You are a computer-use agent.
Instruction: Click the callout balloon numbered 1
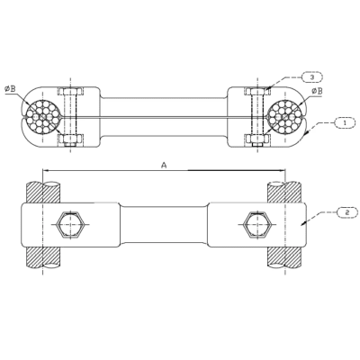[x=344, y=122]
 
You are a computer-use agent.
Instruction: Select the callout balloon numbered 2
[x=346, y=212]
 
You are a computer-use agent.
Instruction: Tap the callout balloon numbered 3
[x=311, y=77]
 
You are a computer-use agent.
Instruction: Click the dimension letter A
[x=164, y=165]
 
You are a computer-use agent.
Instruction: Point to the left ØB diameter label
[x=10, y=89]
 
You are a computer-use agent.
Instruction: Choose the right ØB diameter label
[x=317, y=91]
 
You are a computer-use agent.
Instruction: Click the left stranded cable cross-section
[x=42, y=116]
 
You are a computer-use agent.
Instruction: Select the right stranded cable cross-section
[x=284, y=116]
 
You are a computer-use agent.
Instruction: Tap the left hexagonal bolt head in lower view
[x=69, y=224]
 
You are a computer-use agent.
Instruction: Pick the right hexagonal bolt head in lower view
[x=257, y=224]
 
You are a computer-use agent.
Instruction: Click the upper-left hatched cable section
[x=42, y=192]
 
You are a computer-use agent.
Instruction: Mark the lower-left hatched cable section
[x=42, y=256]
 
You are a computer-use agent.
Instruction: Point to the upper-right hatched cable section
[x=284, y=192]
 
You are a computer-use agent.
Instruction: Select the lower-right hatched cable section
[x=284, y=256]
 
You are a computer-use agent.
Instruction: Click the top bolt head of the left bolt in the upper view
[x=69, y=91]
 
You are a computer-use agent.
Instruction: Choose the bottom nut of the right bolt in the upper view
[x=257, y=140]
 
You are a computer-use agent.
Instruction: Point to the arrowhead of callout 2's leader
[x=303, y=223]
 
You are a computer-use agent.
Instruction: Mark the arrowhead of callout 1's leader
[x=306, y=134]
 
